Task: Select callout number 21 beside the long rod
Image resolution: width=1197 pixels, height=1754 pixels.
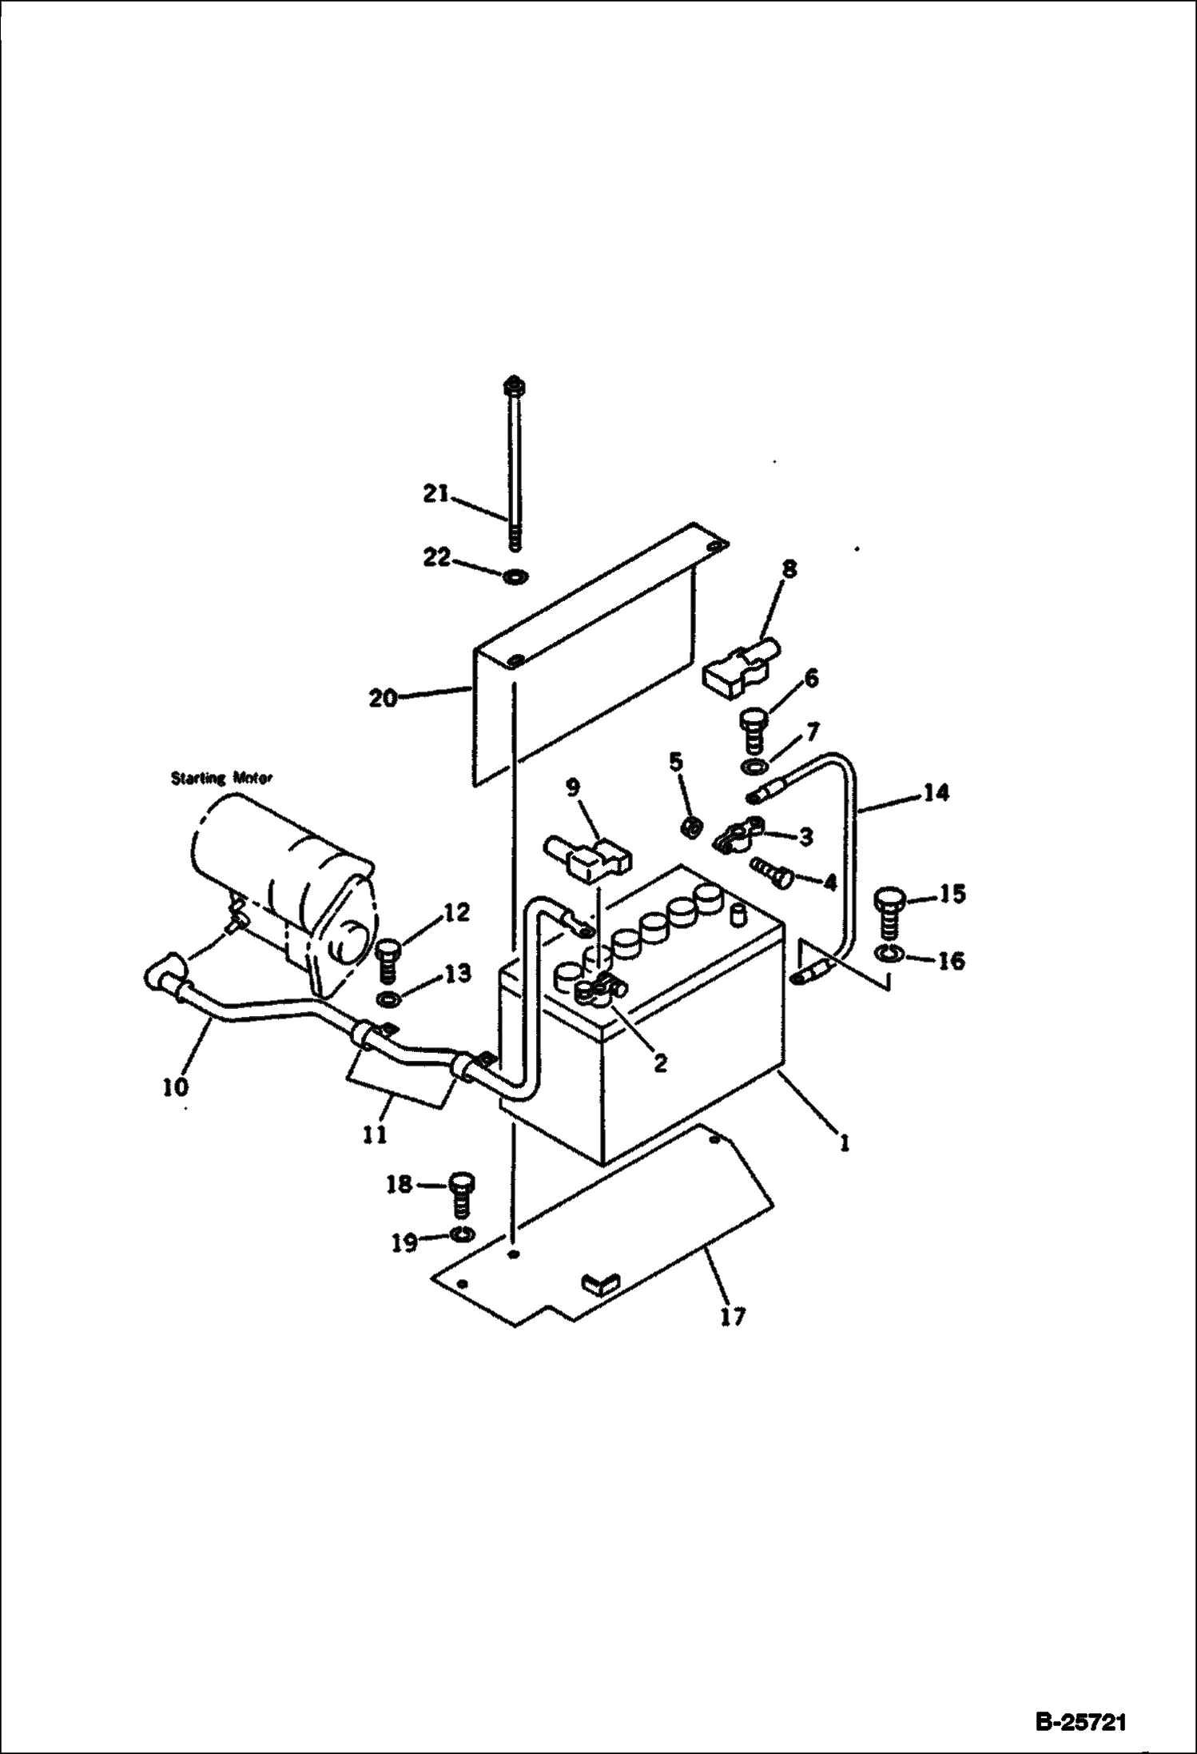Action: pyautogui.click(x=439, y=495)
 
